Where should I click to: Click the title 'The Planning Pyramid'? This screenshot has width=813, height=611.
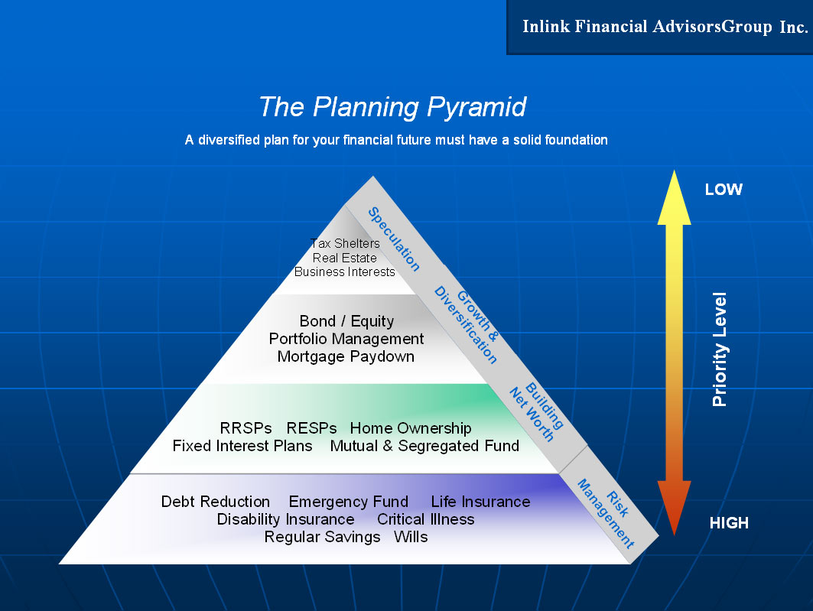[x=392, y=107]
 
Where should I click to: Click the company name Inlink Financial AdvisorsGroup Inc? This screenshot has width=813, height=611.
[x=665, y=27]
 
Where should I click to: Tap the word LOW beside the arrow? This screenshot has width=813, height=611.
[x=724, y=189]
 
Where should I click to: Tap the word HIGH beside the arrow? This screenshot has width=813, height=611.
[x=729, y=523]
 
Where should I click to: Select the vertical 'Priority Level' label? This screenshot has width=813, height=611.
[x=720, y=349]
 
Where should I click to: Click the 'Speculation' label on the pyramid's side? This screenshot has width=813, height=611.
[x=394, y=239]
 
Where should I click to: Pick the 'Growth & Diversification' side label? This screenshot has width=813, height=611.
[x=466, y=324]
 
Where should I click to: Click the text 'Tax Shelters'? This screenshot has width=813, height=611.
[x=345, y=244]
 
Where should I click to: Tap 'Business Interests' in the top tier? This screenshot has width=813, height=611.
[x=345, y=272]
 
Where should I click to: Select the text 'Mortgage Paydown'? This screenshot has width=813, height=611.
[x=346, y=356]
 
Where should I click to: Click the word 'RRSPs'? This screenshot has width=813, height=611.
[x=246, y=428]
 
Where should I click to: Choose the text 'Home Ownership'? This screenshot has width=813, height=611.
[x=411, y=428]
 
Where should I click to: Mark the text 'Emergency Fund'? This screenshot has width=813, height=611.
[x=349, y=502]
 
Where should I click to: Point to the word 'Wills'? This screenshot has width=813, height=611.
[x=411, y=537]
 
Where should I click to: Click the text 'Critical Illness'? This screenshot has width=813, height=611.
[x=426, y=519]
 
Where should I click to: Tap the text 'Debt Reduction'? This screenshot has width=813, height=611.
[x=216, y=502]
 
